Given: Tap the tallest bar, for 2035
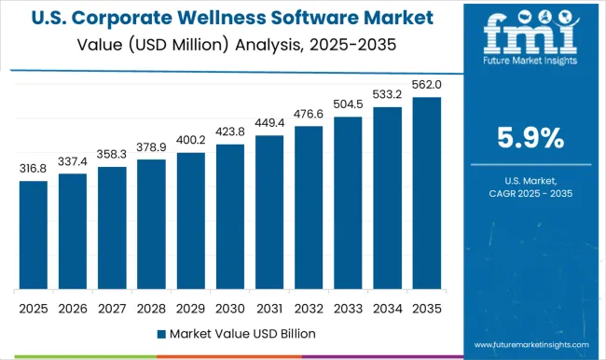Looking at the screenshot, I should pos(425,193).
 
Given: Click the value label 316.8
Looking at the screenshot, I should pos(33,169).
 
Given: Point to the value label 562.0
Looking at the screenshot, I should pos(426,85).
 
